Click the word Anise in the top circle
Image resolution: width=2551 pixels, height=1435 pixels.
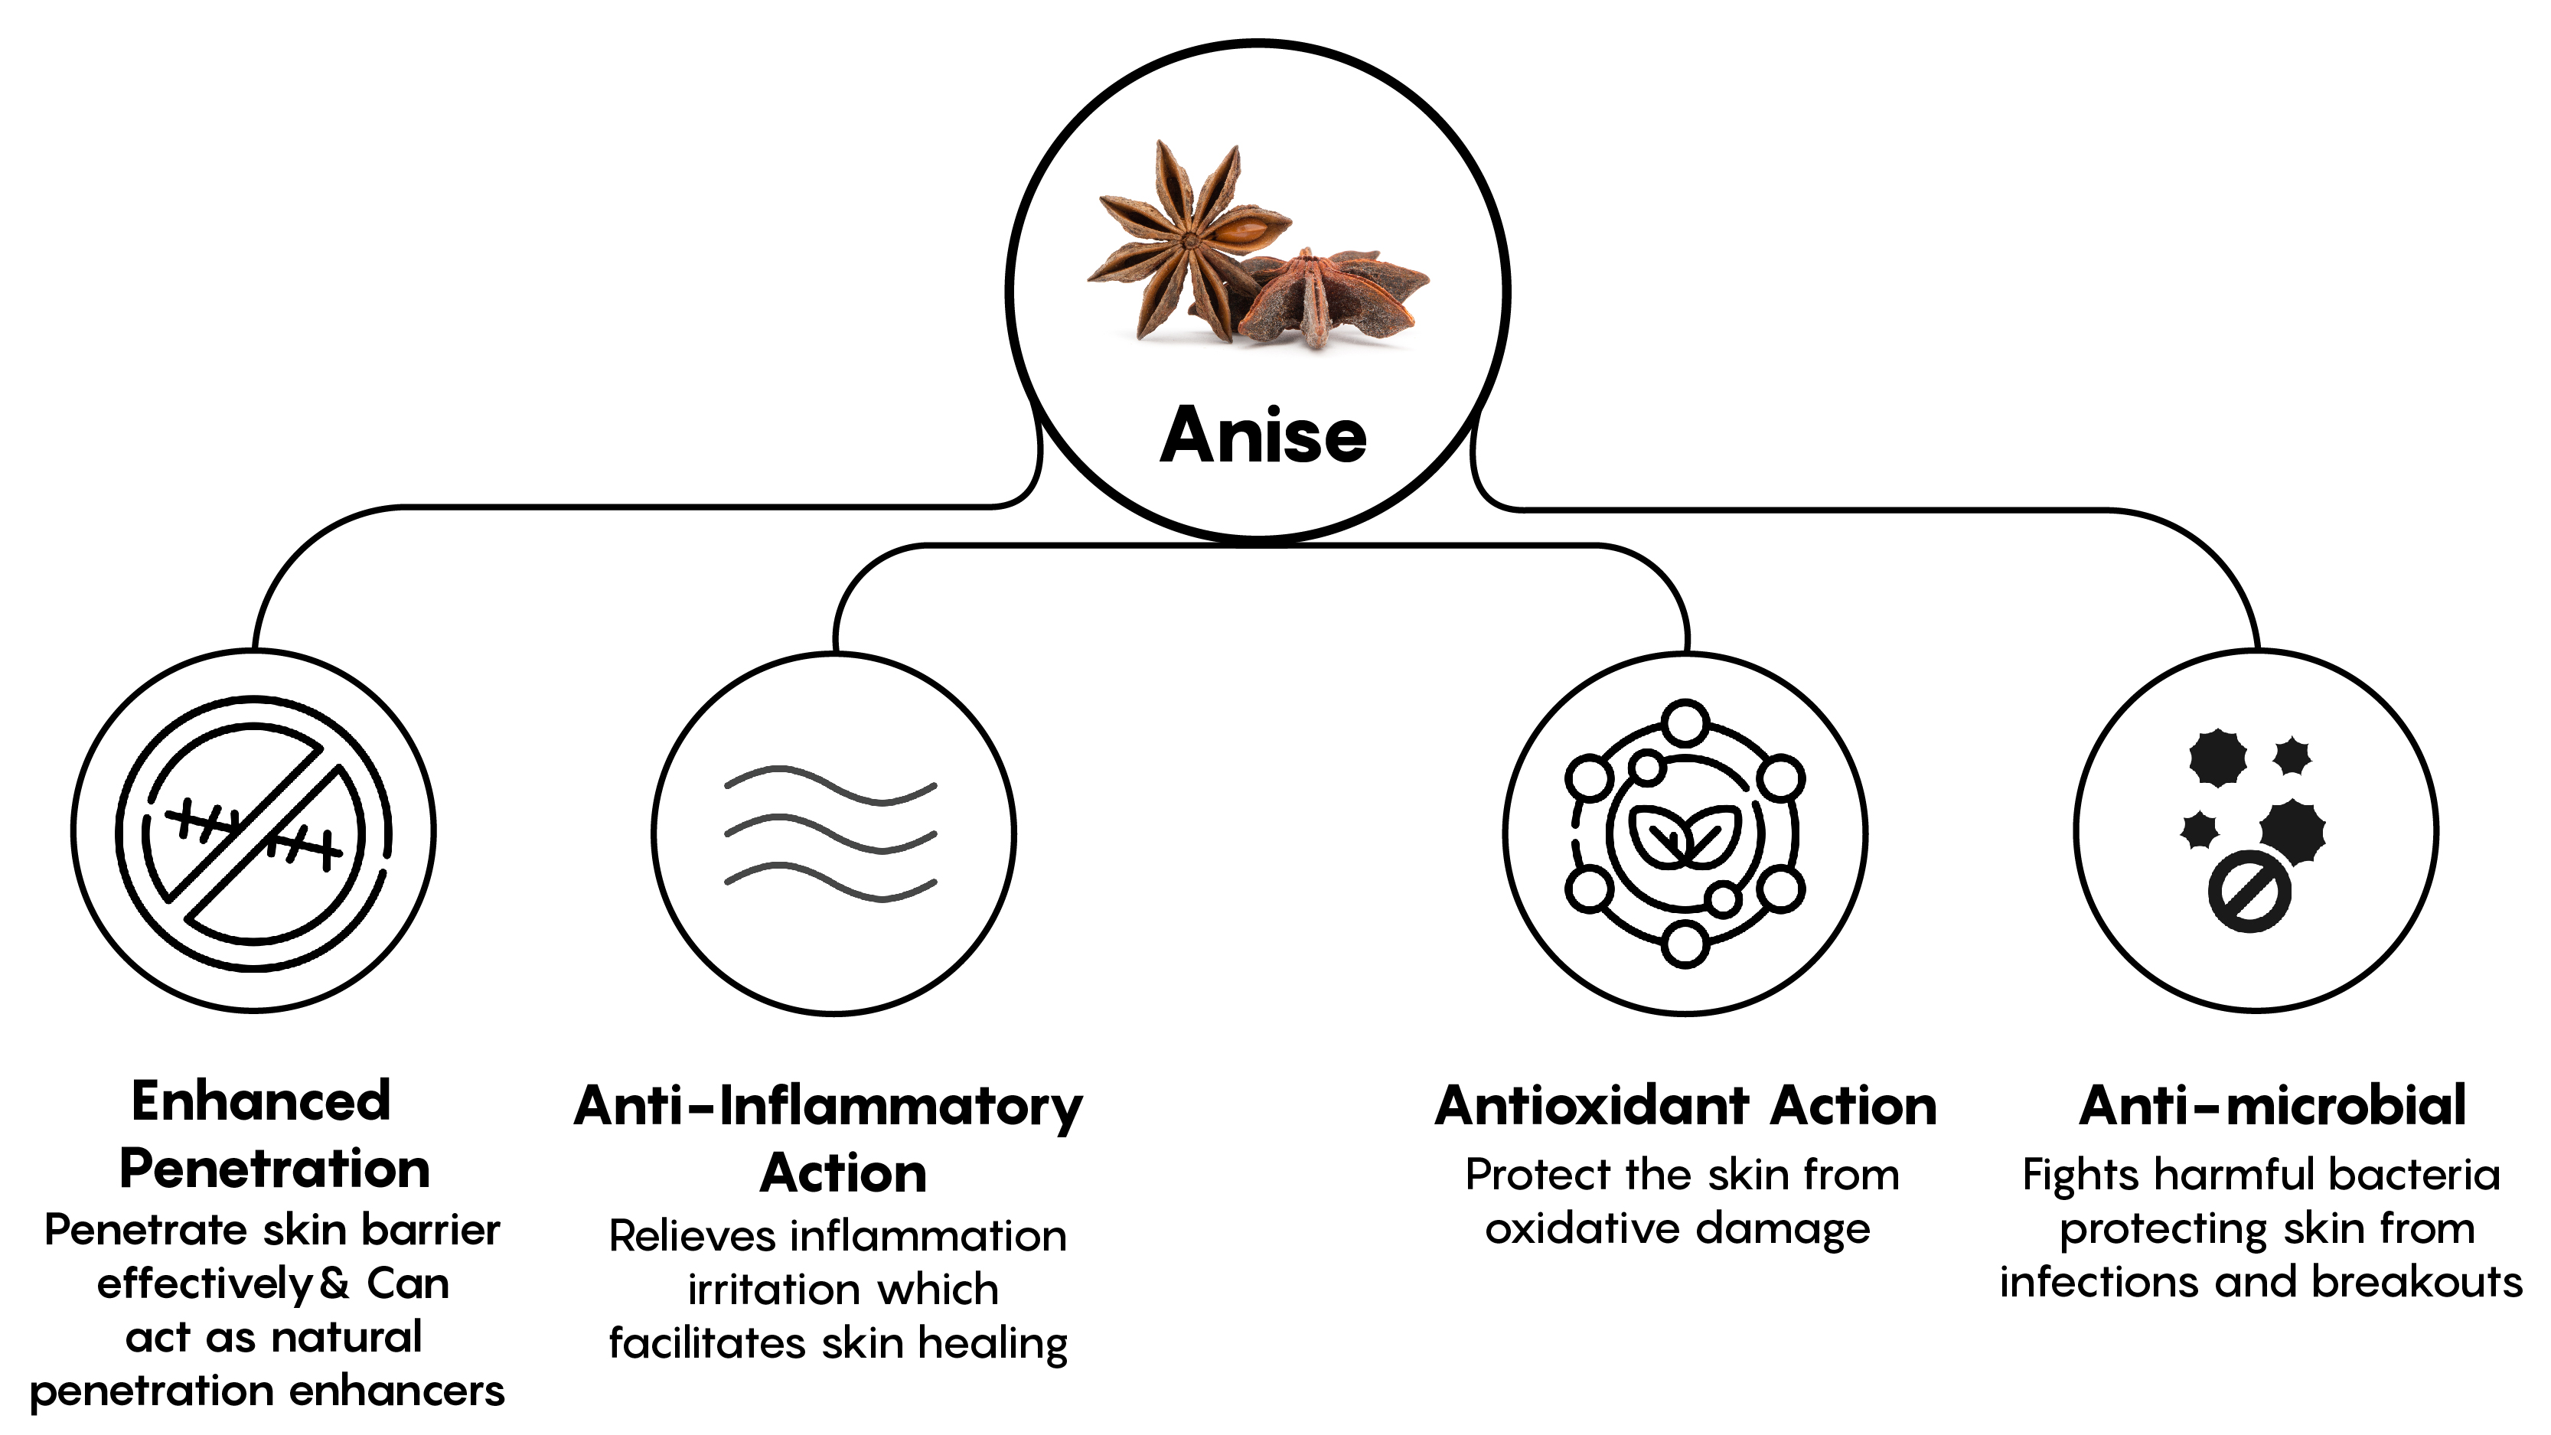pyautogui.click(x=1263, y=435)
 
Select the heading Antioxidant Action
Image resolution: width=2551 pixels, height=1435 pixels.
pyautogui.click(x=1685, y=1105)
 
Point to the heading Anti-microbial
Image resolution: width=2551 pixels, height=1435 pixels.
pyautogui.click(x=2272, y=1105)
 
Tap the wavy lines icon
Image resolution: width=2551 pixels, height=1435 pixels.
pyautogui.click(x=831, y=834)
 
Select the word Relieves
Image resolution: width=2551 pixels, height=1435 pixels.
pyautogui.click(x=692, y=1236)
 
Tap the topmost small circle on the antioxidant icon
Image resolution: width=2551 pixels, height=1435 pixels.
pyautogui.click(x=1684, y=722)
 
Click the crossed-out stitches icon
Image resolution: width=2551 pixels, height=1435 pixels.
pyautogui.click(x=253, y=831)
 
